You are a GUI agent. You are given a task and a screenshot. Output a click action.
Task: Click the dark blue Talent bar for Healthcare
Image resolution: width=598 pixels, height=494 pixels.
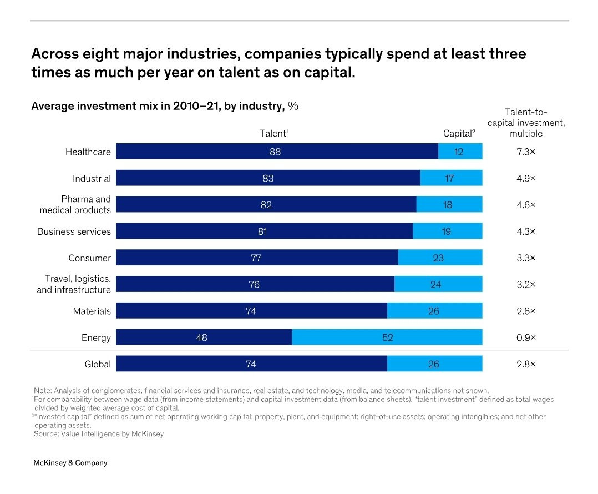(277, 151)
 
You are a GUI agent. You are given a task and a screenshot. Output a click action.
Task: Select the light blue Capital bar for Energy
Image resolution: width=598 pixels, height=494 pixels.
(387, 337)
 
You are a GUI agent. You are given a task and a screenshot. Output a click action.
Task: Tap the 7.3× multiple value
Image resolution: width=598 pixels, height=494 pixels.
(526, 152)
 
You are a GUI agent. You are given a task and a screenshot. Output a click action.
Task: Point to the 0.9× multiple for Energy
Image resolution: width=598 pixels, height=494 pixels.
(526, 337)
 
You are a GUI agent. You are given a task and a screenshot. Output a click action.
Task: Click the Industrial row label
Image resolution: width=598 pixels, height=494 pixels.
(92, 179)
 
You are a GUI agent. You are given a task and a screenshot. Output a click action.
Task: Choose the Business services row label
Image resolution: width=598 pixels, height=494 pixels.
(74, 231)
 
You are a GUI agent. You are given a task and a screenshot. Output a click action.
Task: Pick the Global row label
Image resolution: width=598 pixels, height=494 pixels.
(98, 364)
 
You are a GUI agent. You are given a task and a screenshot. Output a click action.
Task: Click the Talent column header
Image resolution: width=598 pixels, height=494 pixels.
(274, 133)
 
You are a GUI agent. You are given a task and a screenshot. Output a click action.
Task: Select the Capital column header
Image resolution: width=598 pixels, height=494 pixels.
(459, 133)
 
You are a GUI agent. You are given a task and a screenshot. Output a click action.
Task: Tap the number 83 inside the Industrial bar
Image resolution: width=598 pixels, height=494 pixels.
(268, 179)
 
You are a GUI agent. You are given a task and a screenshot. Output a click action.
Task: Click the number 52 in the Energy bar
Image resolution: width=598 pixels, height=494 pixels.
(387, 337)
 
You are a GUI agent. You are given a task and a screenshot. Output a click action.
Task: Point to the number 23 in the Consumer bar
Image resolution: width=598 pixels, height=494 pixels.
(438, 258)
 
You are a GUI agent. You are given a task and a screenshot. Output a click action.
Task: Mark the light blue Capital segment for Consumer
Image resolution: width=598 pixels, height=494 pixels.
(440, 257)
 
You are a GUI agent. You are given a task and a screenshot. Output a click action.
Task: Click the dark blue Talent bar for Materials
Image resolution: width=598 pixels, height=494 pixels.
(251, 310)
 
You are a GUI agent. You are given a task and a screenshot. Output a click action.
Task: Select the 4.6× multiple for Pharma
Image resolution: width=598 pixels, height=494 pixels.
(526, 205)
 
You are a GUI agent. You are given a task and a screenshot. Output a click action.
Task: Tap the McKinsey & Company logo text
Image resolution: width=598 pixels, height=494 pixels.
(70, 463)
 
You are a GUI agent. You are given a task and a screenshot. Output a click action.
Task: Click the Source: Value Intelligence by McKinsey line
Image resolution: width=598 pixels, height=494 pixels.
(99, 433)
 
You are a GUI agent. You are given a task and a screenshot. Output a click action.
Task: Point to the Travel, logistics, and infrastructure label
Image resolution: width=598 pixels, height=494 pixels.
(74, 284)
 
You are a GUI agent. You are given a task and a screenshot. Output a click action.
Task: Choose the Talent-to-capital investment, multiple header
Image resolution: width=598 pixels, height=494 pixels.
(526, 123)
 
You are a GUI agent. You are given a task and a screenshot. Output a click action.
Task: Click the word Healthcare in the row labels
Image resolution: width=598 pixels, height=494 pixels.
(88, 152)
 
